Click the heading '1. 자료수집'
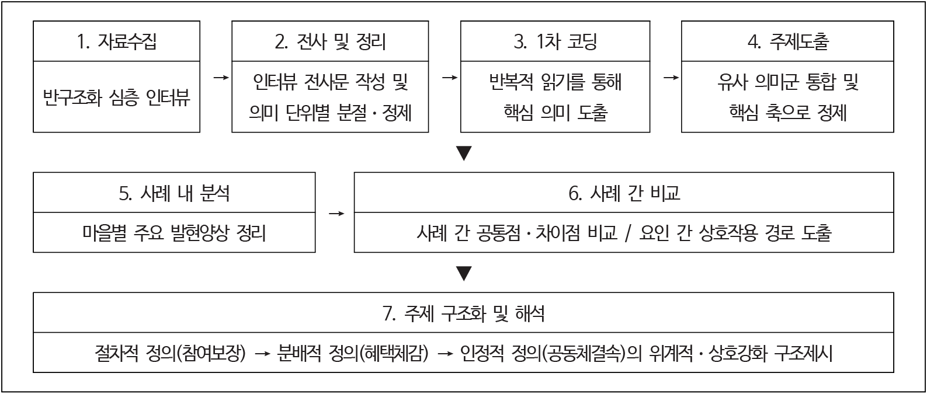(117, 41)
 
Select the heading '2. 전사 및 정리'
(330, 41)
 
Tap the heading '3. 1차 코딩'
(555, 41)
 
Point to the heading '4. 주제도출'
(787, 41)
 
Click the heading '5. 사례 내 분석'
(174, 193)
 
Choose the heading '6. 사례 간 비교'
(624, 193)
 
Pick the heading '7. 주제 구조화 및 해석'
(464, 314)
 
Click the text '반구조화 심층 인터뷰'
(117, 97)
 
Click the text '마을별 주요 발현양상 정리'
(174, 233)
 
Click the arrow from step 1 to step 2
(220, 77)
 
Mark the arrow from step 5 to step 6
(336, 214)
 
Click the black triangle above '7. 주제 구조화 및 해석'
(464, 273)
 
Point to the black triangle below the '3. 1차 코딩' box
(464, 153)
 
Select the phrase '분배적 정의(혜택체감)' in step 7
(353, 353)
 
